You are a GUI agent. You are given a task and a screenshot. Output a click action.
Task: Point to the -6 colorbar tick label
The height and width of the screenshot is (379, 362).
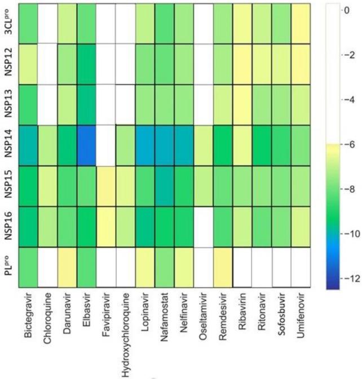point(350,144)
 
